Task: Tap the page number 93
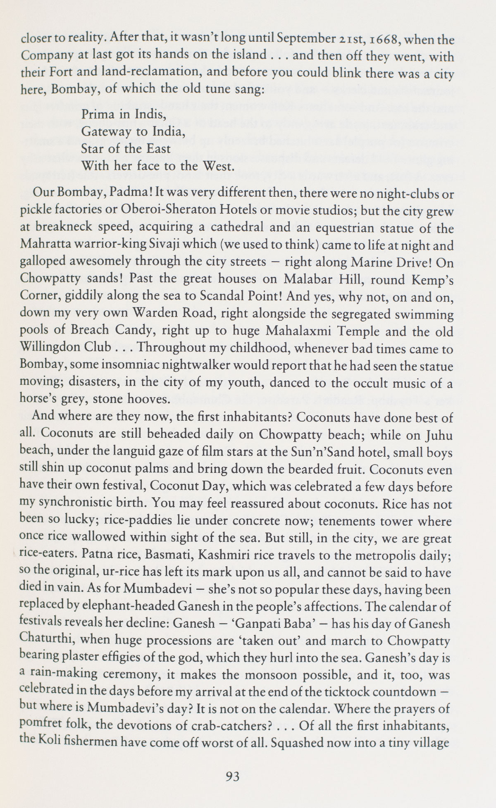click(x=233, y=777)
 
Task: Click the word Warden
click(x=148, y=314)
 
